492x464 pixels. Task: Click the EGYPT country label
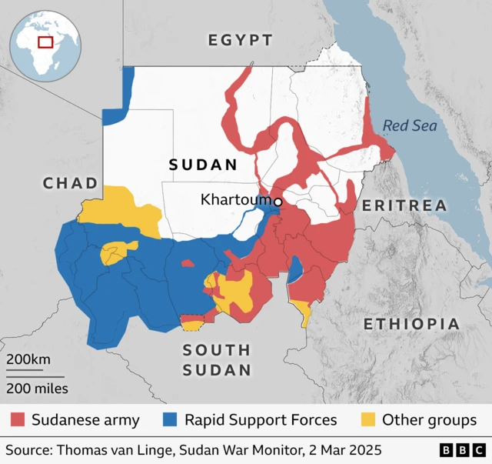(241, 41)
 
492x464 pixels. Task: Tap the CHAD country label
(71, 183)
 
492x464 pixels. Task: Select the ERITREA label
(404, 205)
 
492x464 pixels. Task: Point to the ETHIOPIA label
(411, 324)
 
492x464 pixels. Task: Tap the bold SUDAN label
(203, 165)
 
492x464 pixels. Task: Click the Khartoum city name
(236, 200)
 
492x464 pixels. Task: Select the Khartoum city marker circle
(278, 202)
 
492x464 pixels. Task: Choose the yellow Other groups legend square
(370, 420)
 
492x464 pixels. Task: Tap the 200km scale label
(29, 360)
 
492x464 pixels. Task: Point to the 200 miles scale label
(38, 388)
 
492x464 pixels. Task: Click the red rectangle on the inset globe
(45, 41)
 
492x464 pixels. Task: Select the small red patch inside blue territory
(187, 263)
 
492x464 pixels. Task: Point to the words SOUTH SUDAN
(217, 360)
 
